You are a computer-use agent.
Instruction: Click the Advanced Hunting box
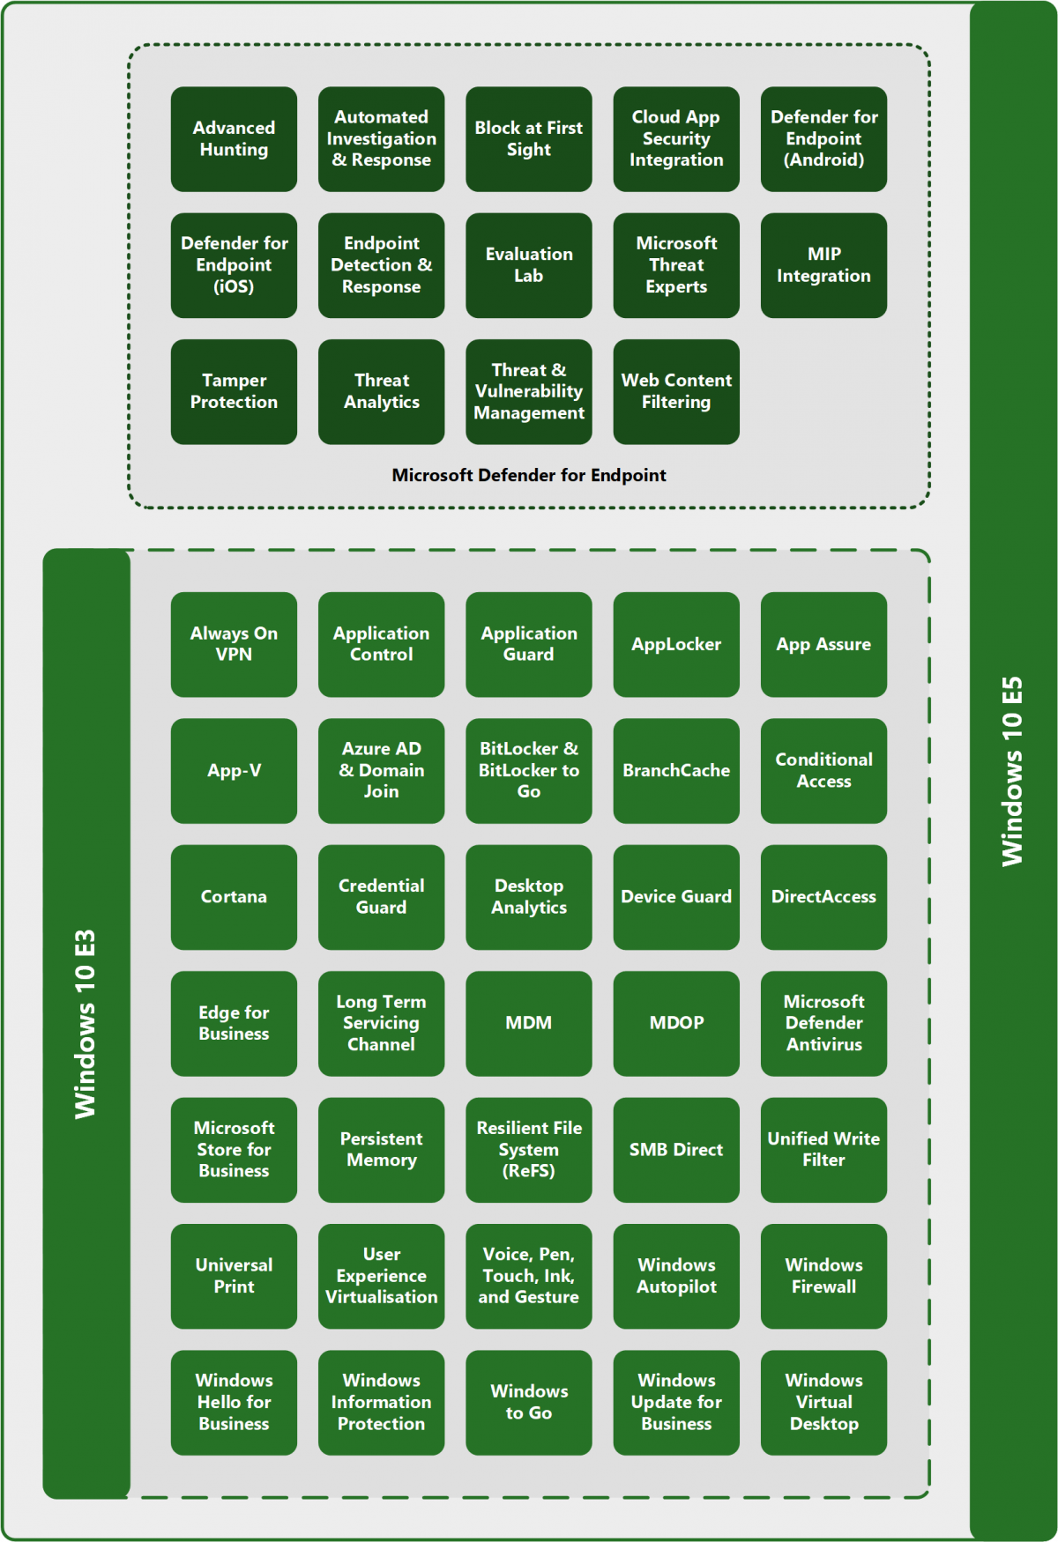[x=234, y=139]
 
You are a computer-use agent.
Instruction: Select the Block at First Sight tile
[x=528, y=139]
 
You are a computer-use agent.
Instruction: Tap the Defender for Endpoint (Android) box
[x=823, y=139]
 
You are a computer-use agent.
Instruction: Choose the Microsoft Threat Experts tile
[x=676, y=265]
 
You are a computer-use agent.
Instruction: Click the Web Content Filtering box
[x=676, y=391]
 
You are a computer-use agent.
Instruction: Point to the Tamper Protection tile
[x=234, y=391]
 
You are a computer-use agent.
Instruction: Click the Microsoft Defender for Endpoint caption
[x=528, y=475]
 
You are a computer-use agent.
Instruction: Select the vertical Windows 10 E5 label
[x=1012, y=771]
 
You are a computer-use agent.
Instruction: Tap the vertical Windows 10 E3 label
[x=86, y=1024]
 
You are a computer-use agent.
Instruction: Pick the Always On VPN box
[x=234, y=644]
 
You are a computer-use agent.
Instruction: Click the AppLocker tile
[x=676, y=644]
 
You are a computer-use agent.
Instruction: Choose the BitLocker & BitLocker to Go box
[x=528, y=770]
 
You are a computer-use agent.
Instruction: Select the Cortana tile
[x=234, y=897]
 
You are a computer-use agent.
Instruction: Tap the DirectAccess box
[x=823, y=897]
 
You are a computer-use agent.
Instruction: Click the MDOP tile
[x=676, y=1023]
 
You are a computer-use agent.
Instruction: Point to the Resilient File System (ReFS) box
[x=528, y=1149]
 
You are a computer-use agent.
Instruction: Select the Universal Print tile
[x=234, y=1276]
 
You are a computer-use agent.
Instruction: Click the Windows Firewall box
[x=823, y=1276]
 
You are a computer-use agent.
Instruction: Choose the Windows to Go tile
[x=528, y=1402]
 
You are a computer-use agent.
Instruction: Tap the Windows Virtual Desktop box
[x=823, y=1402]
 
